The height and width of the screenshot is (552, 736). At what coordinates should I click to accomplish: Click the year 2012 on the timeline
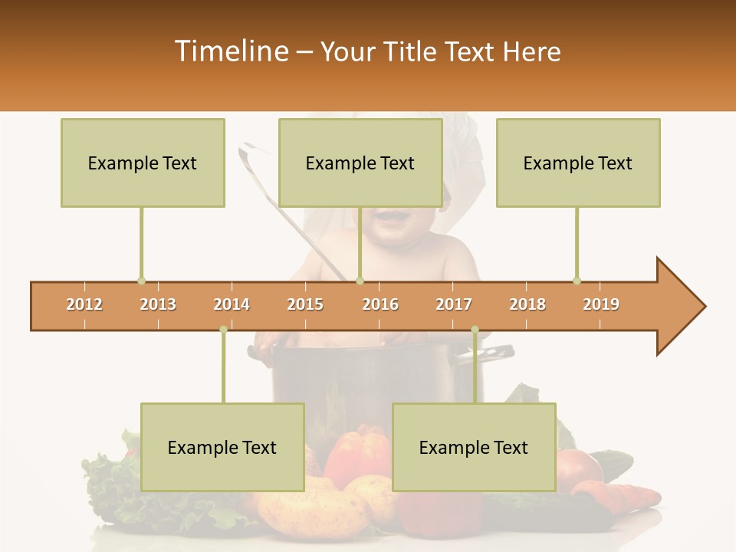click(84, 304)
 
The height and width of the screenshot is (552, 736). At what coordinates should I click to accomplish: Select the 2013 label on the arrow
click(158, 304)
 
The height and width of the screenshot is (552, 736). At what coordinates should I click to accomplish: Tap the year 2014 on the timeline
click(232, 304)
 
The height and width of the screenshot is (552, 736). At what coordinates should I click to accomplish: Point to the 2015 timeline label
click(305, 304)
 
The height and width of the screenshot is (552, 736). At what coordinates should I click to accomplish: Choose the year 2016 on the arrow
click(380, 304)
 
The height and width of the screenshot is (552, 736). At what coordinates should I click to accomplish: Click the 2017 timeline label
click(454, 304)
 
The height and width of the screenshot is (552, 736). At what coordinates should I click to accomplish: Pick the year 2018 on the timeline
click(527, 304)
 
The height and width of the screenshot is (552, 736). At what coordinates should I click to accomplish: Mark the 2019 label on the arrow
click(601, 304)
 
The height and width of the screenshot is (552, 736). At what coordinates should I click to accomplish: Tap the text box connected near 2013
click(143, 163)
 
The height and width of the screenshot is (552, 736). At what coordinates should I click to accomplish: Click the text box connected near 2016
click(360, 163)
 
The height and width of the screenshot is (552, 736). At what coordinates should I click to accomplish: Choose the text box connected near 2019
click(578, 163)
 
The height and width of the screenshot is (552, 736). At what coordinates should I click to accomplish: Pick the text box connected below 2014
click(222, 447)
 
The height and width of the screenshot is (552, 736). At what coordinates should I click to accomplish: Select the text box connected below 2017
click(474, 447)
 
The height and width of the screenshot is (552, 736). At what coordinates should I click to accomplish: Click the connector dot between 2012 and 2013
click(141, 281)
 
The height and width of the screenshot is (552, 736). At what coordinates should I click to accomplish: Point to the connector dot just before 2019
click(577, 281)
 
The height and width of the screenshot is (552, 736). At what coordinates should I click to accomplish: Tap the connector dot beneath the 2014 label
click(223, 330)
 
